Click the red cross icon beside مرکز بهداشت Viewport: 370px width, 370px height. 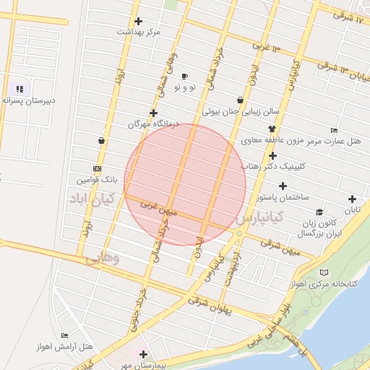(139, 21)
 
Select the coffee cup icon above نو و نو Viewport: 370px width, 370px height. (184, 76)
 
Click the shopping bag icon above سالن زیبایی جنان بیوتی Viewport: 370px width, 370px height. (240, 100)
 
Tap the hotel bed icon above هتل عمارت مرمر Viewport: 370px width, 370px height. (333, 130)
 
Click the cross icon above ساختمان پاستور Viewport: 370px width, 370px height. (282, 186)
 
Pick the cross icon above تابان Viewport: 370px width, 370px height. (352, 199)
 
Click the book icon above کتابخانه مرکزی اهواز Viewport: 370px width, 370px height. (323, 272)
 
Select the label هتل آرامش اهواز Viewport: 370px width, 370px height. (77, 348)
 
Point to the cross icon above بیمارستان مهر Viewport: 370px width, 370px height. (143, 354)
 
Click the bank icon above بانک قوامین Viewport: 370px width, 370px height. (97, 168)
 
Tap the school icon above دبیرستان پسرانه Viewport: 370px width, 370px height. (20, 90)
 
